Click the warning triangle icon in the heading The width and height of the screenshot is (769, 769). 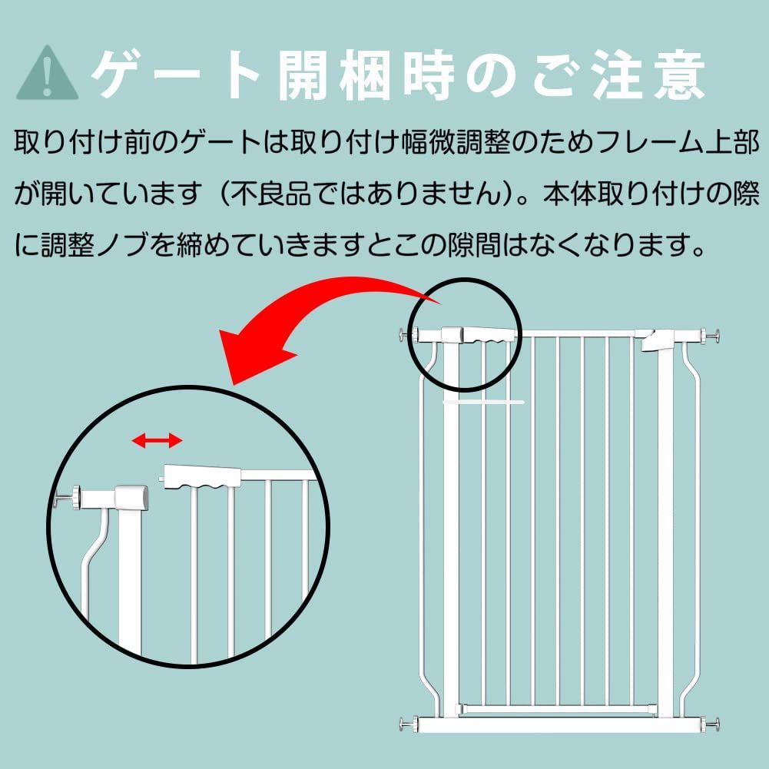47,74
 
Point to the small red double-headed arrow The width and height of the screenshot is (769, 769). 157,440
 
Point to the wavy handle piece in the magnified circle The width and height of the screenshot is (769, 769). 201,478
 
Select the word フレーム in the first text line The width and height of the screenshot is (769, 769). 634,143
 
